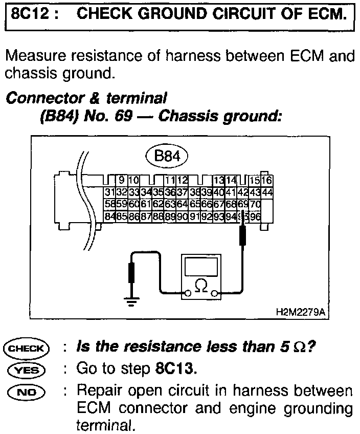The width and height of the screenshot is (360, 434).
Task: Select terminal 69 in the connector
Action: (x=243, y=204)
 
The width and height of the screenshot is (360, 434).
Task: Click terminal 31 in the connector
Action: (x=108, y=192)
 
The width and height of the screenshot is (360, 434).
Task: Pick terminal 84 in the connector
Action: (x=108, y=216)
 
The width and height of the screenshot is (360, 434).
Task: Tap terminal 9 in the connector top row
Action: (x=121, y=180)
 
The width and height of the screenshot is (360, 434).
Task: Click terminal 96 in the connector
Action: (x=255, y=216)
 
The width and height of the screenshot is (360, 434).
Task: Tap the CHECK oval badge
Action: (x=25, y=348)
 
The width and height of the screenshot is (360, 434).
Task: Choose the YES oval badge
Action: (x=25, y=368)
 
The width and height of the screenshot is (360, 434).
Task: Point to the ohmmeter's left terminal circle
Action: (x=188, y=293)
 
